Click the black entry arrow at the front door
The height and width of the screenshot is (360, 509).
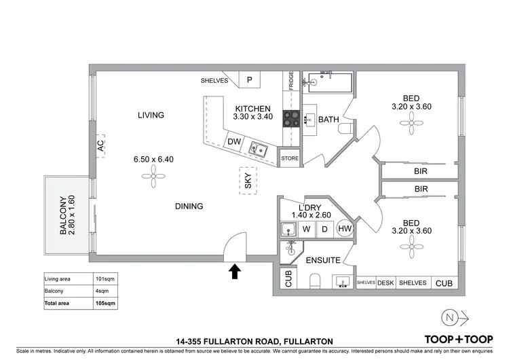pyautogui.click(x=235, y=272)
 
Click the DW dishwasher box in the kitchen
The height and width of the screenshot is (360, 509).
pyautogui.click(x=234, y=142)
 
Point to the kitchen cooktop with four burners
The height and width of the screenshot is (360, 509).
pyautogui.click(x=292, y=120)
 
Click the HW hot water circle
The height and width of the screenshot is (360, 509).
pyautogui.click(x=345, y=230)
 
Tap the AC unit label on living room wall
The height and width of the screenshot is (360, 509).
pyautogui.click(x=100, y=145)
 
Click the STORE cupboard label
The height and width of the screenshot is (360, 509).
pyautogui.click(x=290, y=158)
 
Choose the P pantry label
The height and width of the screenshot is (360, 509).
pyautogui.click(x=249, y=80)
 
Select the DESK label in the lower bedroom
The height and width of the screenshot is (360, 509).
pyautogui.click(x=385, y=283)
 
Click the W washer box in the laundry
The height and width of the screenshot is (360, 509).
pyautogui.click(x=307, y=230)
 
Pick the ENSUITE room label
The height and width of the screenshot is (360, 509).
pyautogui.click(x=322, y=260)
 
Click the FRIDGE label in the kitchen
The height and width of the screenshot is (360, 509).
pyautogui.click(x=291, y=82)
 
